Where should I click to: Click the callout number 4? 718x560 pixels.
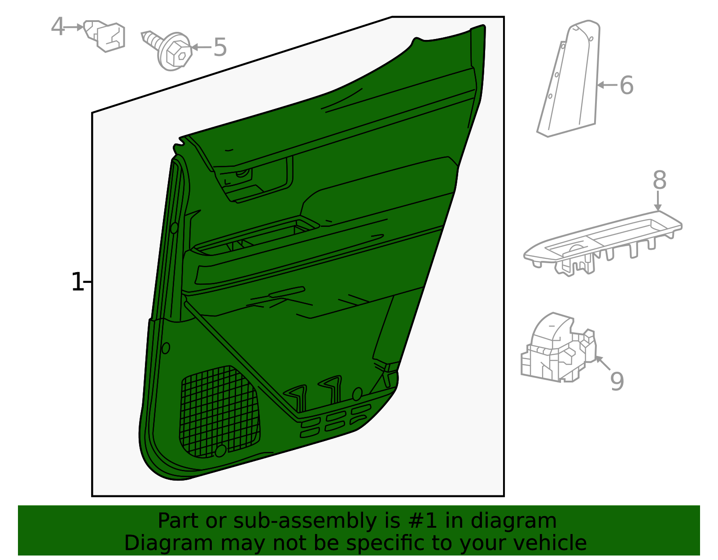coord(57,26)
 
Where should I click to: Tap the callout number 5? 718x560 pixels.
coord(220,47)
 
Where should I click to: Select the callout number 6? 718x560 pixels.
coord(626,85)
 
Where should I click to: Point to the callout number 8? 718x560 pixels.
coord(660,180)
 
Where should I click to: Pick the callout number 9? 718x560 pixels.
coord(617,382)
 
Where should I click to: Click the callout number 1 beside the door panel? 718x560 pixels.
coord(77,282)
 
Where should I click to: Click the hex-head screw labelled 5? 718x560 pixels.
coord(167,51)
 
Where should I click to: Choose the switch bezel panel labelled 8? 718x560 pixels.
coord(603,243)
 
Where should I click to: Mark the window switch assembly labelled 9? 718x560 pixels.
coord(559,348)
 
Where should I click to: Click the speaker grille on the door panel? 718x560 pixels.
coord(220,412)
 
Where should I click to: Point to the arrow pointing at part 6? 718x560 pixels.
coord(607,85)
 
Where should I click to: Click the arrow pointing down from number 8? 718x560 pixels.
coord(658,201)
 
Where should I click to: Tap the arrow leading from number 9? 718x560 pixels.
coord(603,363)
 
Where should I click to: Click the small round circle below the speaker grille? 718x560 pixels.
coord(220,451)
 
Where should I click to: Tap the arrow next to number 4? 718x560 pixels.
coord(73,27)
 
